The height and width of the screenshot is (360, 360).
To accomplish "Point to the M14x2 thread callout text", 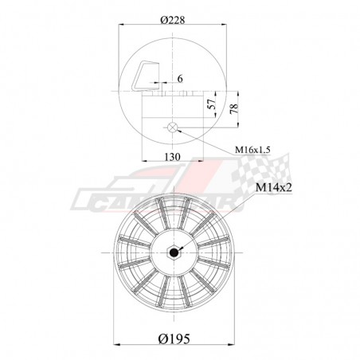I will (x=277, y=187).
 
